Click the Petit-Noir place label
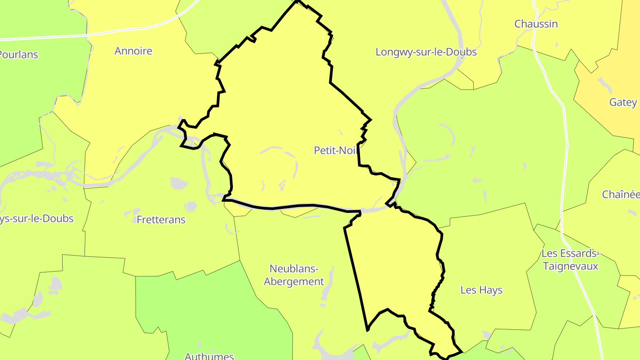click(336, 150)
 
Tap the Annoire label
click(133, 51)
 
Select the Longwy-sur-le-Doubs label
click(426, 52)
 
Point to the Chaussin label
click(536, 24)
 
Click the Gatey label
click(623, 102)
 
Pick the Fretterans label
click(161, 220)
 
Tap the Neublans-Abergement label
click(294, 275)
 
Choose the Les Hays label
click(481, 290)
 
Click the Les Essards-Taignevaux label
click(570, 260)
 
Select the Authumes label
click(209, 356)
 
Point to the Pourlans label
click(19, 55)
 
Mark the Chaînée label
click(620, 194)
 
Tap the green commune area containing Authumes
click(213, 311)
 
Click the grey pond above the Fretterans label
click(178, 183)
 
